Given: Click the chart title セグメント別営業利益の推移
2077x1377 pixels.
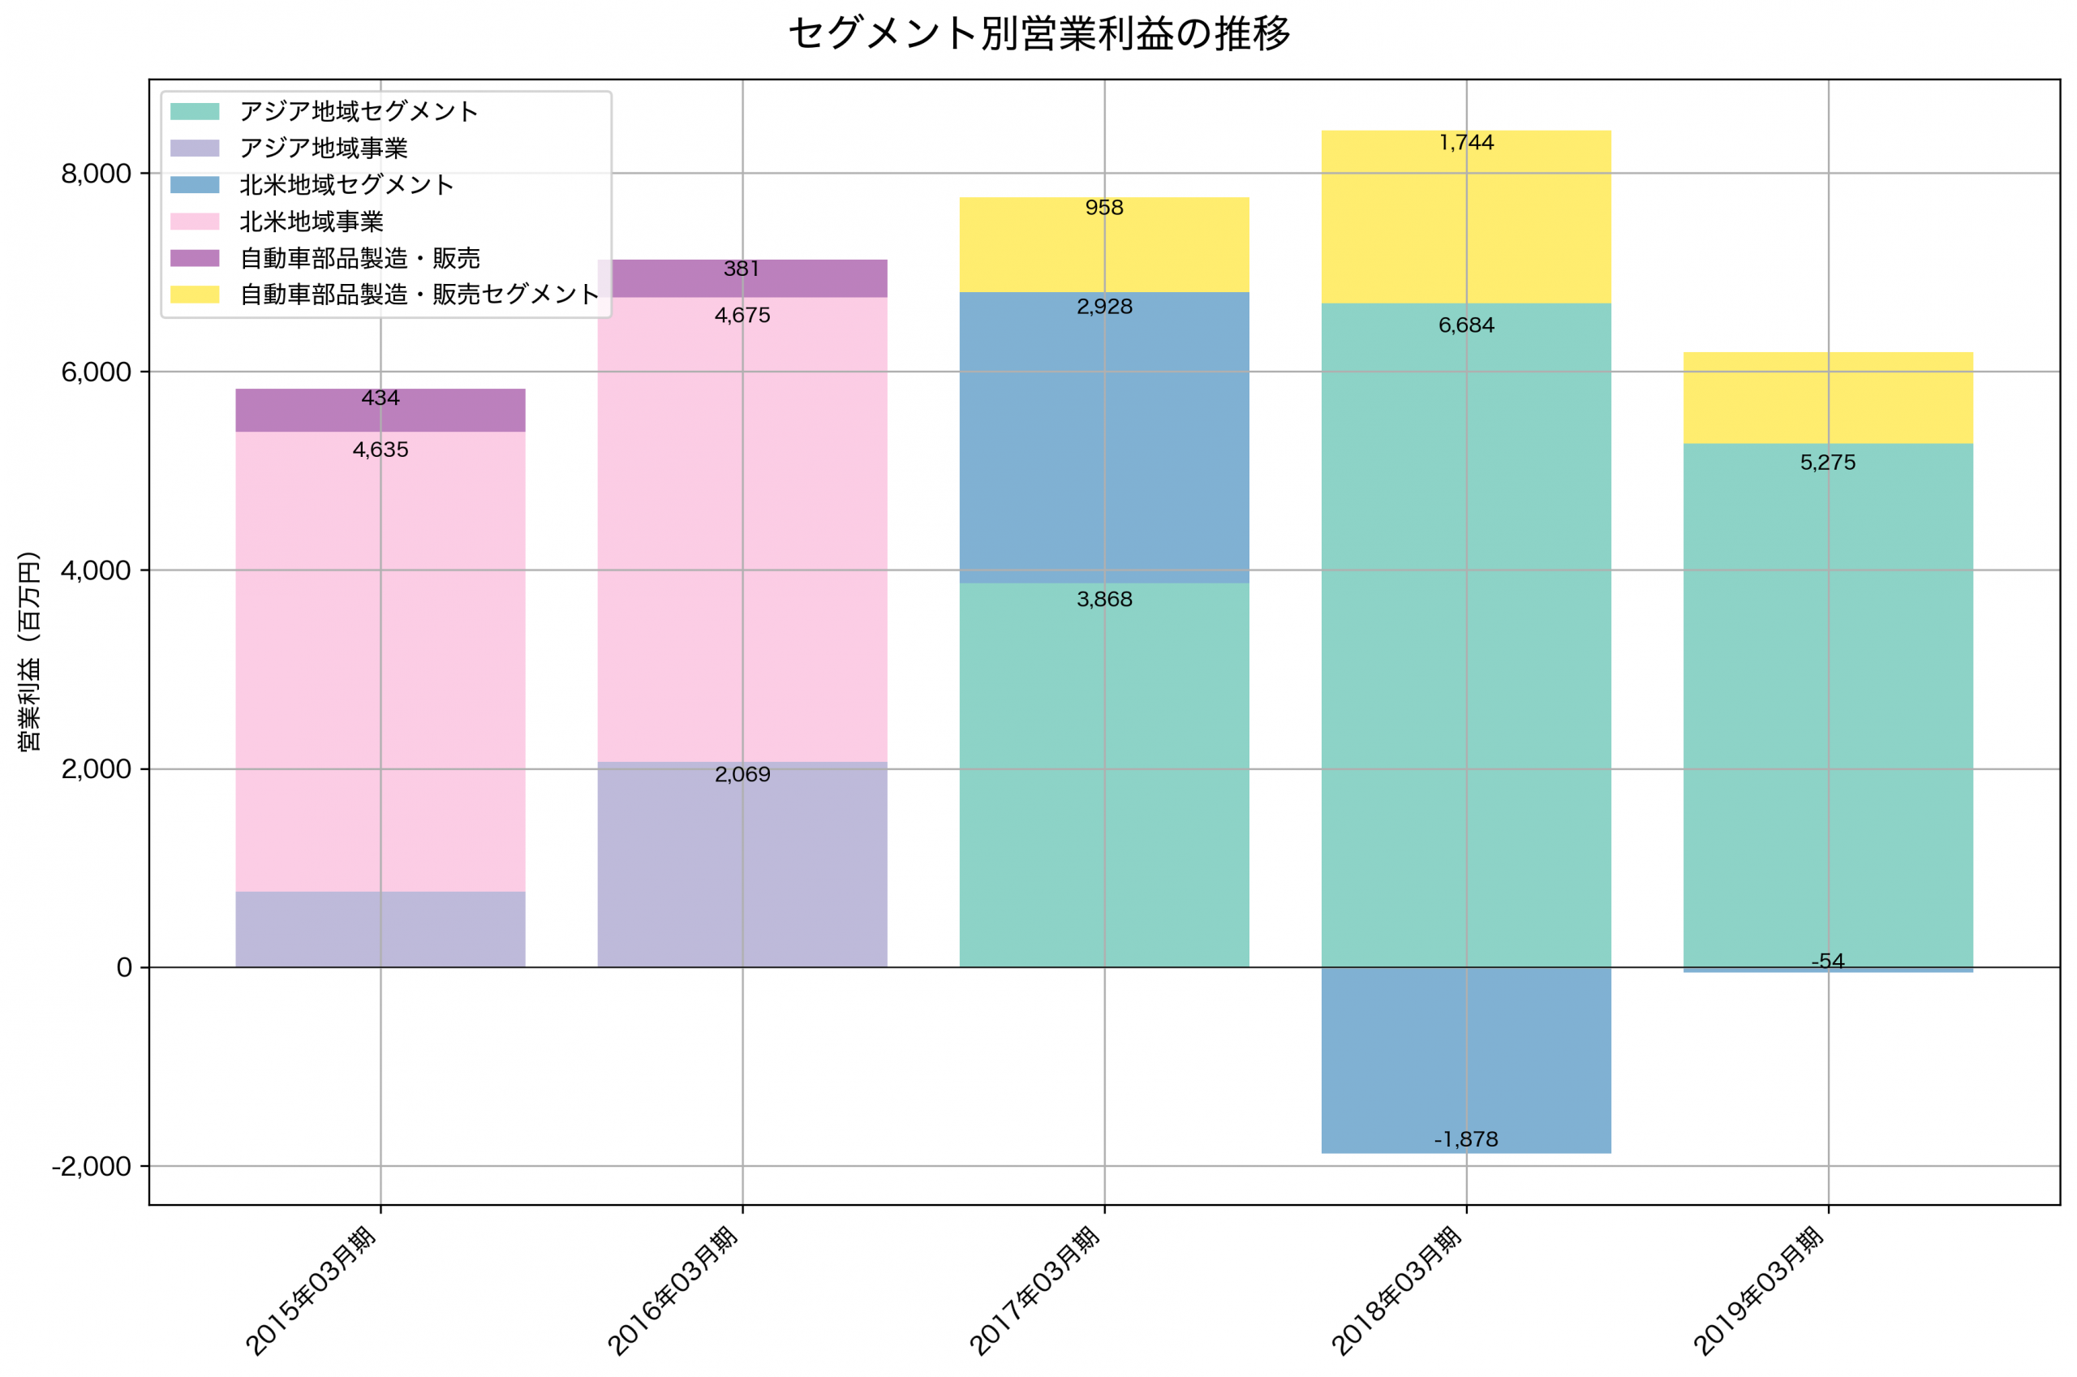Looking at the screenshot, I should click(1038, 34).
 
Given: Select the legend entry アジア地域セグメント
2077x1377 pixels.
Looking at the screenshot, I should click(358, 111).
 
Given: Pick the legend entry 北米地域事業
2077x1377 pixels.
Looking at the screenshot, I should click(312, 222).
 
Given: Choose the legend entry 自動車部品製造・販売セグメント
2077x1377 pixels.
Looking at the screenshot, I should click(419, 295).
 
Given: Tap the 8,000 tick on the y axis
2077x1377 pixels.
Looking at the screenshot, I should click(96, 174).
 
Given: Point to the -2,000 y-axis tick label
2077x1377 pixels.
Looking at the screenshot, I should click(92, 1166).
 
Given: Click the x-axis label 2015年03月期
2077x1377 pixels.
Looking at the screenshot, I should click(312, 1291).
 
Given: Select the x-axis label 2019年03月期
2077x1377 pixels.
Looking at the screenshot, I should click(1759, 1291).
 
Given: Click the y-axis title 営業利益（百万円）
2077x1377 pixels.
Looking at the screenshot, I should click(29, 651).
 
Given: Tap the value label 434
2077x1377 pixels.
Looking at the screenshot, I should click(381, 398).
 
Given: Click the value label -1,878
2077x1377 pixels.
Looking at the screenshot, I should click(1466, 1140).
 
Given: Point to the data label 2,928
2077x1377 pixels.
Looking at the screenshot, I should click(1104, 308).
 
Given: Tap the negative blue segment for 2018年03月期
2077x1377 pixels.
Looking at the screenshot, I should click(1466, 1054).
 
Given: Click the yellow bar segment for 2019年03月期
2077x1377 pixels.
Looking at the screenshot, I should click(1828, 398).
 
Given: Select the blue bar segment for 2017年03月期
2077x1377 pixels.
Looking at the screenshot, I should click(1104, 439).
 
